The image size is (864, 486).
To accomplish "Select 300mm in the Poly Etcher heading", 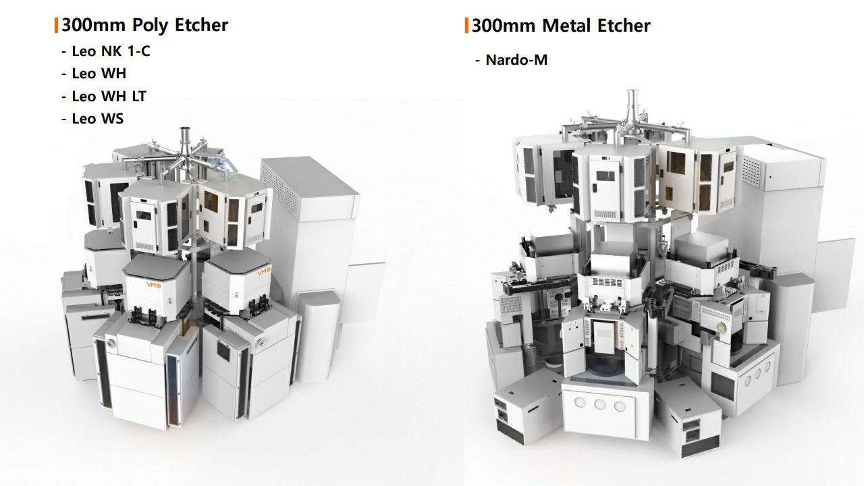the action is point(94,25).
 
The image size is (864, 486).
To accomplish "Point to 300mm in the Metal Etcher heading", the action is point(504,26).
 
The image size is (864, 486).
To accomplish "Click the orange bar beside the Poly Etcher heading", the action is point(56,25).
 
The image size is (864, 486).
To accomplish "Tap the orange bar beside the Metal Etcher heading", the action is point(466,26).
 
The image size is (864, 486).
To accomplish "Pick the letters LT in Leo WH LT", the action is point(139,97).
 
